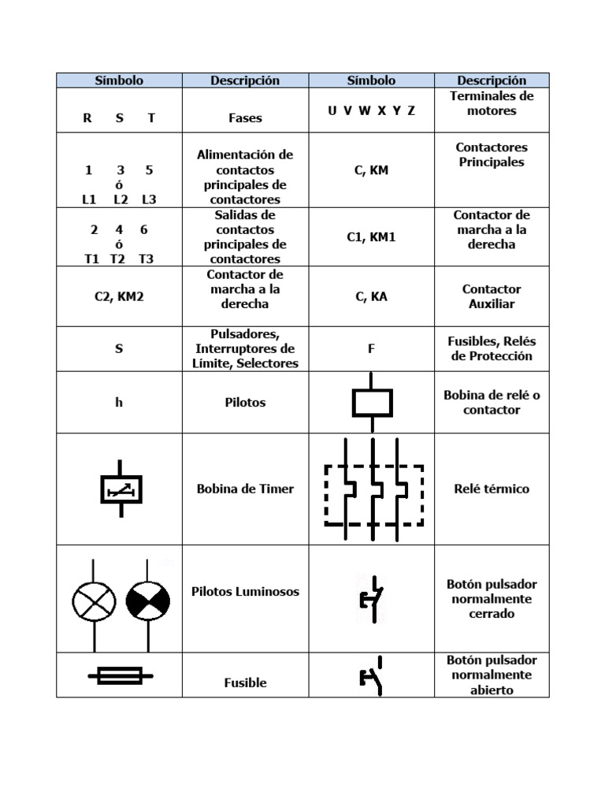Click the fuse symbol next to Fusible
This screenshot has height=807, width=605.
(120, 675)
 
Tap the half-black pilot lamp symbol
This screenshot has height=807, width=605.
(147, 604)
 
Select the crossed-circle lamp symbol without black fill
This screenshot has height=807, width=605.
(94, 604)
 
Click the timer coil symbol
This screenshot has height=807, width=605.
(121, 489)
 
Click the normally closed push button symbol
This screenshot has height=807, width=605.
(372, 599)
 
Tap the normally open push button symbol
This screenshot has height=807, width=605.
(372, 675)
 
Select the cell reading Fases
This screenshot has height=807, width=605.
(245, 118)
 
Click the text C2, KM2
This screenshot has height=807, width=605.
(119, 297)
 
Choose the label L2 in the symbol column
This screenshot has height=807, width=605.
(121, 199)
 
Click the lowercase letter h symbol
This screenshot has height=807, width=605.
(119, 402)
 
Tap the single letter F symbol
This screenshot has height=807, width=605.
(371, 348)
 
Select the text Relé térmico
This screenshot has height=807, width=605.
(492, 489)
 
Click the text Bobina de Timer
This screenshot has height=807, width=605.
(245, 489)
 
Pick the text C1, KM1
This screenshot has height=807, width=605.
(371, 236)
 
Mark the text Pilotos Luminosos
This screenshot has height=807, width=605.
(245, 591)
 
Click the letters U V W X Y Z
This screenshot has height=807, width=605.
(371, 110)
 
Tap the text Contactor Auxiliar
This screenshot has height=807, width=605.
(492, 296)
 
